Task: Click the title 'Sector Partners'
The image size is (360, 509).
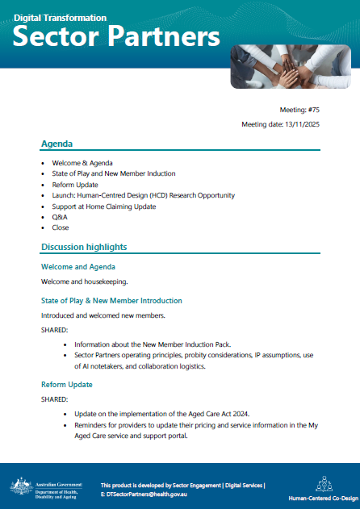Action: click(117, 36)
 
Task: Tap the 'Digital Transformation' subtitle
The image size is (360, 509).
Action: click(60, 17)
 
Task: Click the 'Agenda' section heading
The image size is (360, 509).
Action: click(57, 144)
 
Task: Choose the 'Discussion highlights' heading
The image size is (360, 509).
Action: click(84, 247)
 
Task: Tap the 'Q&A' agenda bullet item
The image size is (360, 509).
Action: click(58, 217)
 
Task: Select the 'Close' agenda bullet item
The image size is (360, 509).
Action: click(60, 227)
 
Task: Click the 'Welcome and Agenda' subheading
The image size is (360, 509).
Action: click(78, 266)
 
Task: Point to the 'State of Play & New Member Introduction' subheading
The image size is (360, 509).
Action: click(117, 301)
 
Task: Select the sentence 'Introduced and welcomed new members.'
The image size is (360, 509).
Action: click(103, 315)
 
